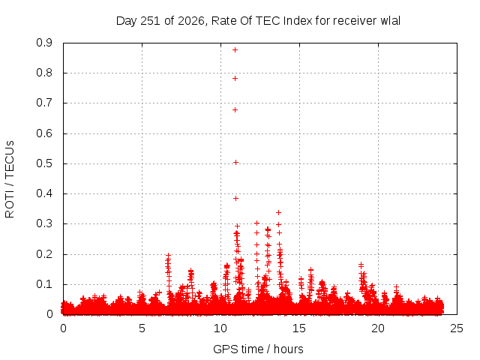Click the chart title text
pyautogui.click(x=258, y=21)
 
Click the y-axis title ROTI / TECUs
pyautogui.click(x=10, y=179)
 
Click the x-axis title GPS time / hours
pyautogui.click(x=258, y=349)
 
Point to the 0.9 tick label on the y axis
pyautogui.click(x=44, y=43)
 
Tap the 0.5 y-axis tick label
pyautogui.click(x=44, y=163)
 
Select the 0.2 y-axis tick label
pyautogui.click(x=44, y=254)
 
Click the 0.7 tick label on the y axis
pyautogui.click(x=44, y=103)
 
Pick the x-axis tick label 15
pyautogui.click(x=299, y=328)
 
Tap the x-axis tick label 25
pyautogui.click(x=457, y=328)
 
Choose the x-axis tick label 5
pyautogui.click(x=142, y=328)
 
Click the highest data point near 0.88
pyautogui.click(x=235, y=50)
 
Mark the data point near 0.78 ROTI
pyautogui.click(x=235, y=78)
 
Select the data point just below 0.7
pyautogui.click(x=235, y=110)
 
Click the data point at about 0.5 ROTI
pyautogui.click(x=235, y=162)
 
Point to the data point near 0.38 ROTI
pyautogui.click(x=235, y=198)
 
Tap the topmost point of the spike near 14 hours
pyautogui.click(x=278, y=212)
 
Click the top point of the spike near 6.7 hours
pyautogui.click(x=168, y=255)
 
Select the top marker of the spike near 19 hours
pyautogui.click(x=361, y=265)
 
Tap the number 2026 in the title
pyautogui.click(x=191, y=21)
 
